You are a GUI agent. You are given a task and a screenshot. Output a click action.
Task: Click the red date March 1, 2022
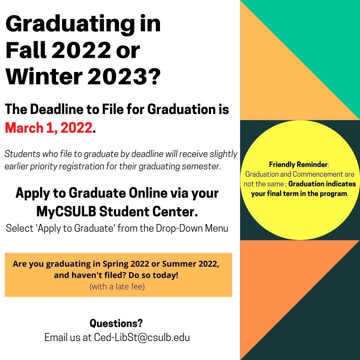pos(48,128)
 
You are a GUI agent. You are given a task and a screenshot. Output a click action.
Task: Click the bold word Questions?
pos(116,323)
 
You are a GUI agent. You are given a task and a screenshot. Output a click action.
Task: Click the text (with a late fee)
pos(117,286)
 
